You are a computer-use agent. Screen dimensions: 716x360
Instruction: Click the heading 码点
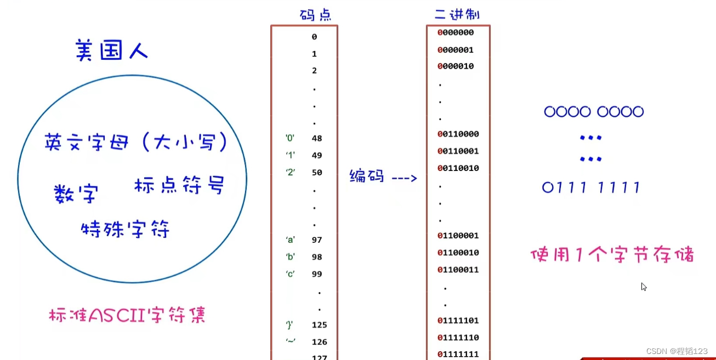coord(315,15)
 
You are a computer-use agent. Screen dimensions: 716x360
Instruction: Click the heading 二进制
coord(457,15)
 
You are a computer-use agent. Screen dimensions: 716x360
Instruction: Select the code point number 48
coord(316,139)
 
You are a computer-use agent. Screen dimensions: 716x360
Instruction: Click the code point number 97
coord(316,240)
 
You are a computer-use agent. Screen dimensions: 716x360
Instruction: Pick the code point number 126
coord(319,342)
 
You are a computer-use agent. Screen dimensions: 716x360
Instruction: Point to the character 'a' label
coord(290,240)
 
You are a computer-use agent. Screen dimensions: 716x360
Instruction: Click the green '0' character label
coord(289,139)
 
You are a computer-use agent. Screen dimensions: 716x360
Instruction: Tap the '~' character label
coord(291,341)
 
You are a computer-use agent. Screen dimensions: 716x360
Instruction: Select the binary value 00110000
coord(458,134)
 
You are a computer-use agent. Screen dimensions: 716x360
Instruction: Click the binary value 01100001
coord(458,236)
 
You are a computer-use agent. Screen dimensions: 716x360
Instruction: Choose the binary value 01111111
coord(458,354)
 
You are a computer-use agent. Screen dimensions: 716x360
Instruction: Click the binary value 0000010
coord(456,66)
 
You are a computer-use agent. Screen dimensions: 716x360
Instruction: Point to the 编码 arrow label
coord(383,177)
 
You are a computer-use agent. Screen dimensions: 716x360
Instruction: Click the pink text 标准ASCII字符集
coord(127,316)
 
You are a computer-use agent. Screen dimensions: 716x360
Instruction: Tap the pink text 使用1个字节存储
coord(612,255)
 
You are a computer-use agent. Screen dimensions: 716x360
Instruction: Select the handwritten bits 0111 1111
coord(591,188)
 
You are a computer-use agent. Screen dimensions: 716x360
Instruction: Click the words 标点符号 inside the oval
coord(179,185)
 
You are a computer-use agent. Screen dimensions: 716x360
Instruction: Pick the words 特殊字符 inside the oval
coord(125,229)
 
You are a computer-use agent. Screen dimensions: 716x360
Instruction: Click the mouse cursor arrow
coord(644,287)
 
